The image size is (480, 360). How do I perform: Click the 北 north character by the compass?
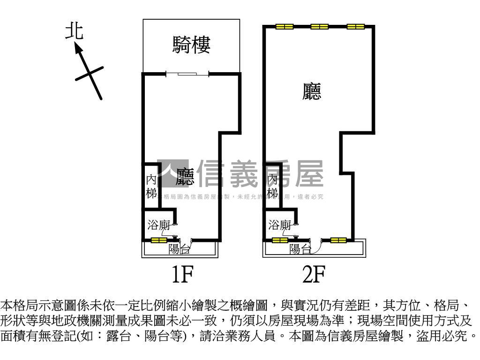[x=74, y=31]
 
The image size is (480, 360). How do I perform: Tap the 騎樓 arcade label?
[x=191, y=45]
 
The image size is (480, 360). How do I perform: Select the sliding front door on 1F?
[x=187, y=74]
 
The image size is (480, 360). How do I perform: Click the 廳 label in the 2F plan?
[x=312, y=91]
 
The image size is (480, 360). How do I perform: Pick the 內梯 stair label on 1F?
[x=151, y=186]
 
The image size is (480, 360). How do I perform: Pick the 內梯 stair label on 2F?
[x=273, y=186]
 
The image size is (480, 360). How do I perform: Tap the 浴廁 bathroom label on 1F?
[x=158, y=225]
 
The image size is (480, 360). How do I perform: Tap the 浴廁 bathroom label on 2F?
[x=280, y=225]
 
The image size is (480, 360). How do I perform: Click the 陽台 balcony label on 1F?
[x=180, y=249]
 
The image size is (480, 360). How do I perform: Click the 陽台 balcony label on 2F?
[x=300, y=249]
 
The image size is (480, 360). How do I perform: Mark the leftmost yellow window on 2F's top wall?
[x=284, y=27]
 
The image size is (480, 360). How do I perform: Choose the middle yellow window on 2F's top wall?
[x=320, y=27]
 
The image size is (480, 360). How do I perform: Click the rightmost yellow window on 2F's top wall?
[x=355, y=27]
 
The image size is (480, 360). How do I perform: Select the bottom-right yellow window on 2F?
[x=338, y=240]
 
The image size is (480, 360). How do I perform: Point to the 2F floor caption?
[x=313, y=275]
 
